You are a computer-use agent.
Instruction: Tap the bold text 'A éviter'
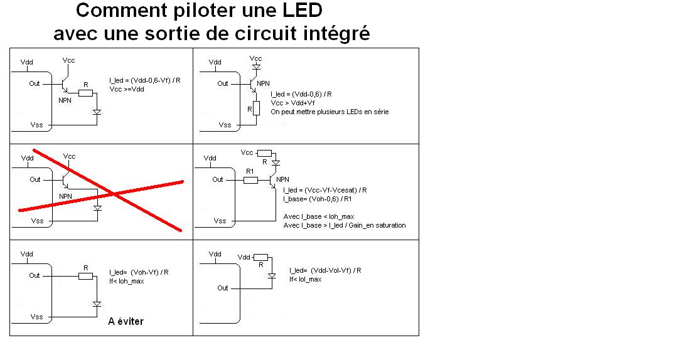click(x=126, y=322)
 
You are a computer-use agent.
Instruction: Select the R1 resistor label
click(x=249, y=171)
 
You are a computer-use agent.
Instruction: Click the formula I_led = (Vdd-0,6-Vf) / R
click(x=145, y=81)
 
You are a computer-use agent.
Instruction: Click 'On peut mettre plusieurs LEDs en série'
click(x=330, y=112)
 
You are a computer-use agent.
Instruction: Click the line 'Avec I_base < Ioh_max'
click(x=318, y=216)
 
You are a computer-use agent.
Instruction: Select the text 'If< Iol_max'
click(x=306, y=279)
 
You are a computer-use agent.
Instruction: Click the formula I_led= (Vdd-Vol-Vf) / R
click(x=325, y=270)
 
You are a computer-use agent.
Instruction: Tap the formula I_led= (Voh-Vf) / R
click(x=138, y=272)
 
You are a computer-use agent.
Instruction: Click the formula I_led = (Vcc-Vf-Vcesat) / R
click(x=325, y=189)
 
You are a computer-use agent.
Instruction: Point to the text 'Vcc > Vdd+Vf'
click(x=292, y=103)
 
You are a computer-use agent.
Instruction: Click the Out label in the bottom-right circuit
click(x=223, y=288)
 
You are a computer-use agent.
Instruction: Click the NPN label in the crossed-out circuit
click(x=65, y=196)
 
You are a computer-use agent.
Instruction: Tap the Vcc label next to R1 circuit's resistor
click(x=247, y=153)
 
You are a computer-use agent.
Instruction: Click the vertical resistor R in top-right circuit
click(x=255, y=109)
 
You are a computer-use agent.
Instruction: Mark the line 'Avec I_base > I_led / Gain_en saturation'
click(x=345, y=225)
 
